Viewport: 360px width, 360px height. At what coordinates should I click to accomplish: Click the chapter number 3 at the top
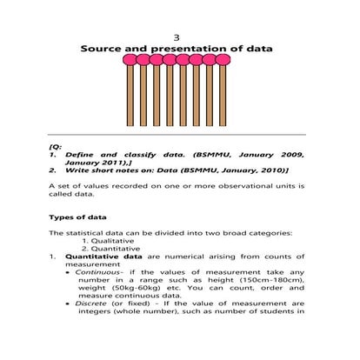[177, 37]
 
